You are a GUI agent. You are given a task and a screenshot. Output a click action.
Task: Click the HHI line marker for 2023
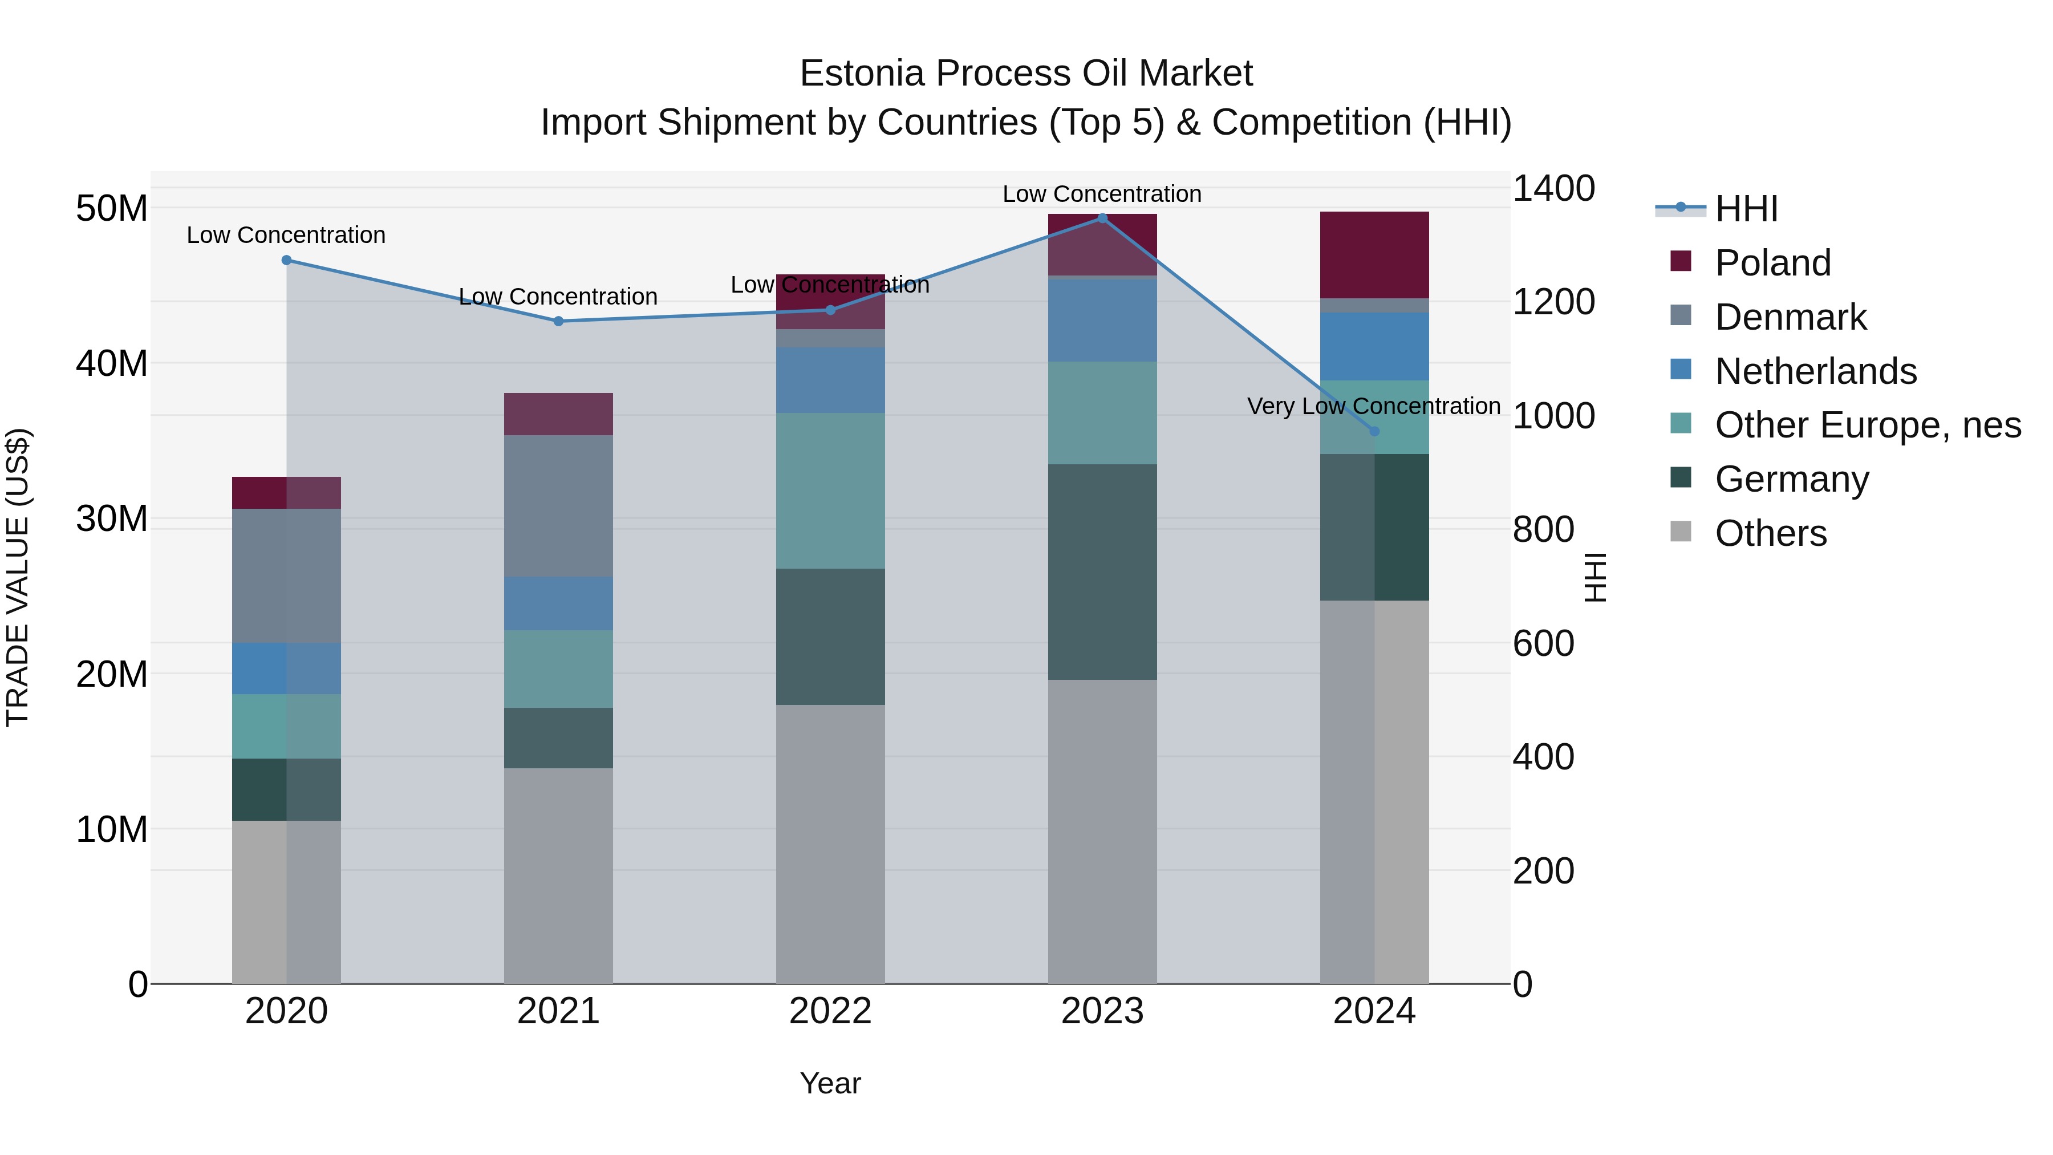click(1102, 218)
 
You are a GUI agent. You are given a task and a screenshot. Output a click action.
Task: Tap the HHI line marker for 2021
click(558, 321)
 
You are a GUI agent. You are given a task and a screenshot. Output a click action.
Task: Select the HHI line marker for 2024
click(1374, 431)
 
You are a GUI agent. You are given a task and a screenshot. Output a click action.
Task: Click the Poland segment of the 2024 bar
click(1374, 255)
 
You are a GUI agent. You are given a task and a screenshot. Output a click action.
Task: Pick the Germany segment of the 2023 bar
click(1102, 572)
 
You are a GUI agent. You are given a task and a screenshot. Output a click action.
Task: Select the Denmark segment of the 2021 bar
click(558, 505)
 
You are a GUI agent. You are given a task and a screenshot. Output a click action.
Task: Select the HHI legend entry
click(1746, 209)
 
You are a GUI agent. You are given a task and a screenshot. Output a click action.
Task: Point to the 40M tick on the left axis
click(112, 363)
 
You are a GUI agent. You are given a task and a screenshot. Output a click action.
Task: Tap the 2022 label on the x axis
click(830, 1011)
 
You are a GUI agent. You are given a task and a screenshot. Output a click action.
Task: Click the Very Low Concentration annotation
click(1373, 407)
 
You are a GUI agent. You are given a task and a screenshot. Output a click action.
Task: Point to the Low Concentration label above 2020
click(286, 235)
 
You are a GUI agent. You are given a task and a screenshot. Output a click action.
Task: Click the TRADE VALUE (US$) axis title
click(18, 577)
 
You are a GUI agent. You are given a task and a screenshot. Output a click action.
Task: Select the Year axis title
click(830, 1083)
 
